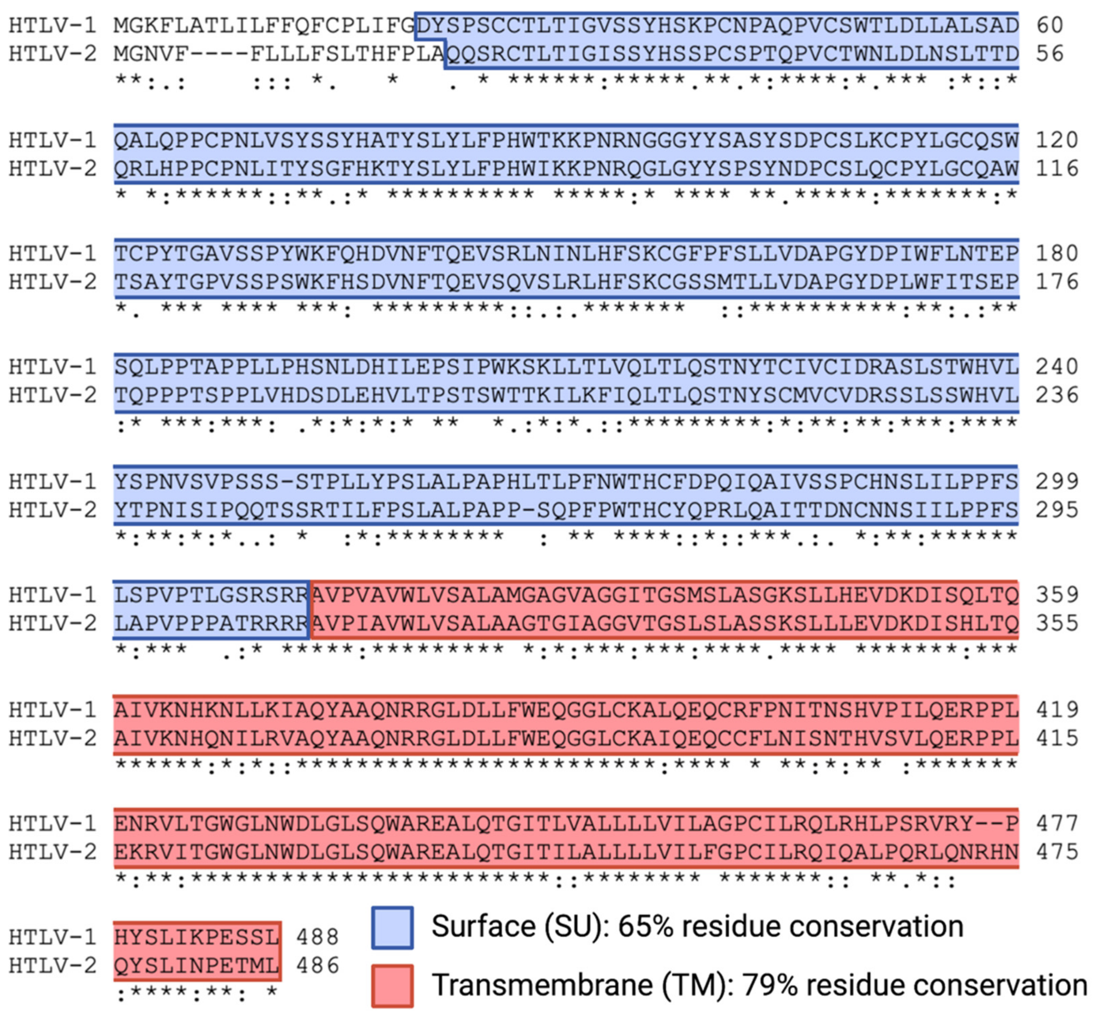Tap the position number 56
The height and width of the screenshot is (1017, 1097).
coord(1050,54)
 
